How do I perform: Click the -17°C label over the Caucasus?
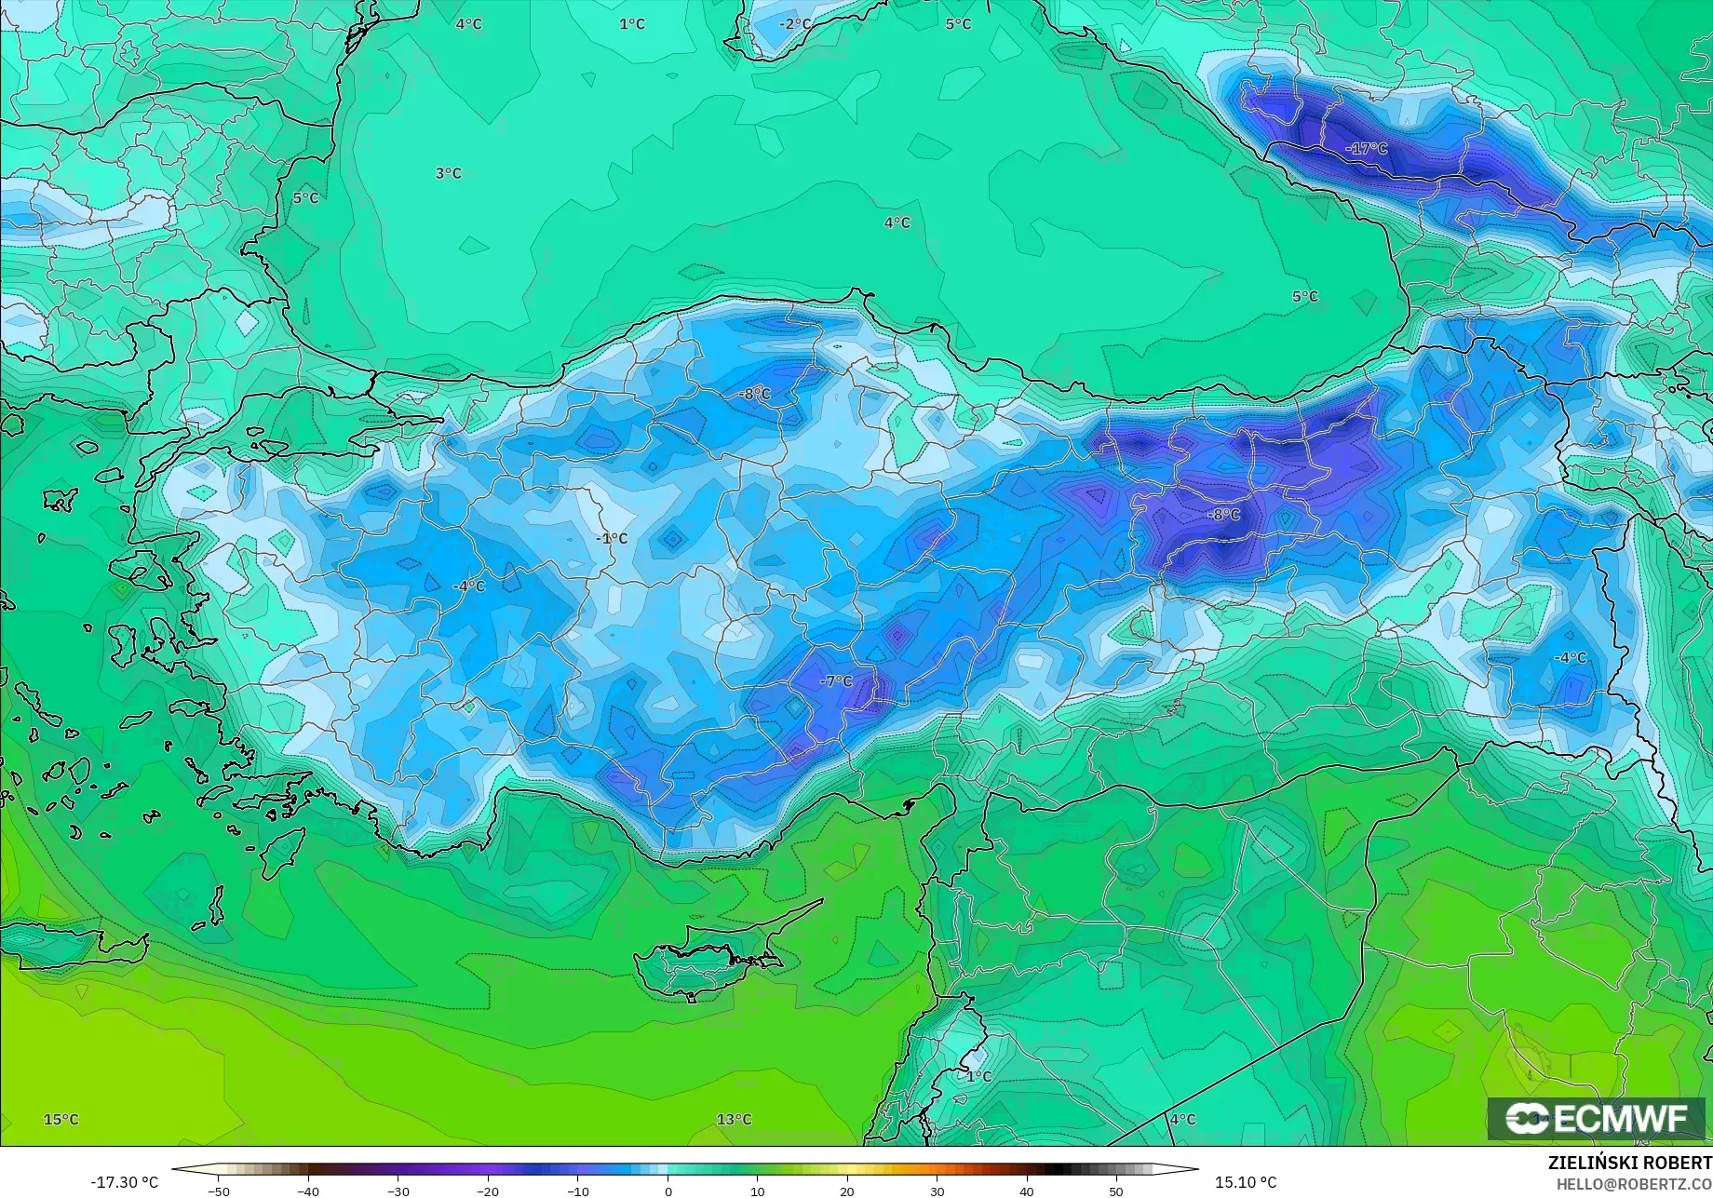pyautogui.click(x=1366, y=149)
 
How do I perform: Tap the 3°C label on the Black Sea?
pyautogui.click(x=448, y=173)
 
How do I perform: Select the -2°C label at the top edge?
pyautogui.click(x=795, y=24)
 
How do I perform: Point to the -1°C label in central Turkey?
pyautogui.click(x=612, y=539)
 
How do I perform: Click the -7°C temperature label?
pyautogui.click(x=835, y=681)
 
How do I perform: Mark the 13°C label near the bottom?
pyautogui.click(x=734, y=1120)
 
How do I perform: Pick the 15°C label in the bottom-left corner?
pyautogui.click(x=61, y=1120)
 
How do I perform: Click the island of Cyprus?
pyautogui.click(x=708, y=959)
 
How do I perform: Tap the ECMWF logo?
pyautogui.click(x=1595, y=1119)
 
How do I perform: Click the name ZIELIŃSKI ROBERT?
pyautogui.click(x=1629, y=1163)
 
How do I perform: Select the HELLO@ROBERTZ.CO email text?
pyautogui.click(x=1634, y=1183)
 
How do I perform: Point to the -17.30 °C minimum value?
pyautogui.click(x=124, y=1182)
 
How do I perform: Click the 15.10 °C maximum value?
pyautogui.click(x=1246, y=1182)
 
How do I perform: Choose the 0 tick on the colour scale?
pyautogui.click(x=668, y=1191)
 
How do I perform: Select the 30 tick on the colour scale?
pyautogui.click(x=937, y=1191)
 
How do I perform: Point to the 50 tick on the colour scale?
pyautogui.click(x=1116, y=1191)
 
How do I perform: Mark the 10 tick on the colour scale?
pyautogui.click(x=757, y=1191)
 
